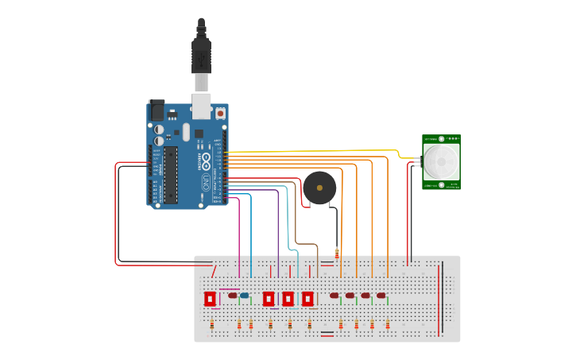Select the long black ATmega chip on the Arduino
171,174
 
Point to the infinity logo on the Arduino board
206,163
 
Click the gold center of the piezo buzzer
319,188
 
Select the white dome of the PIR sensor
441,161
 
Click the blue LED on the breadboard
244,296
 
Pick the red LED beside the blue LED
233,296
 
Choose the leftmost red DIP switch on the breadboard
210,299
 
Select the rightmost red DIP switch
307,299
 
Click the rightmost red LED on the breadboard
381,296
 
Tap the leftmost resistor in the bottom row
212,324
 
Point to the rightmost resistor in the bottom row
387,324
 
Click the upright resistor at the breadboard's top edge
337,254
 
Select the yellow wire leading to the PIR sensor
318,150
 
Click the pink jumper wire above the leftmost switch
229,289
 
